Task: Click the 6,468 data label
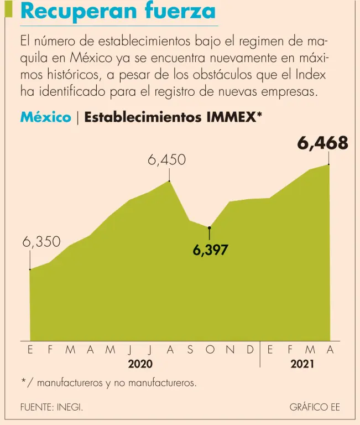coord(322,143)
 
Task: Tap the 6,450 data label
coord(166,160)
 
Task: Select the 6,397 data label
coord(210,251)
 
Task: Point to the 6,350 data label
coord(41,242)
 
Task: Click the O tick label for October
coord(210,350)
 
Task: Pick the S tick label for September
coord(190,350)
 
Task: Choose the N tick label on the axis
coord(230,350)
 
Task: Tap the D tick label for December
coord(250,350)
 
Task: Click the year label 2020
coord(140,364)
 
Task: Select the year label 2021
coord(302,364)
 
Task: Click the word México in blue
coord(45,117)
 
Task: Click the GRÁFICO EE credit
coord(315,407)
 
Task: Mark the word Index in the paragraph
coord(311,75)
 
